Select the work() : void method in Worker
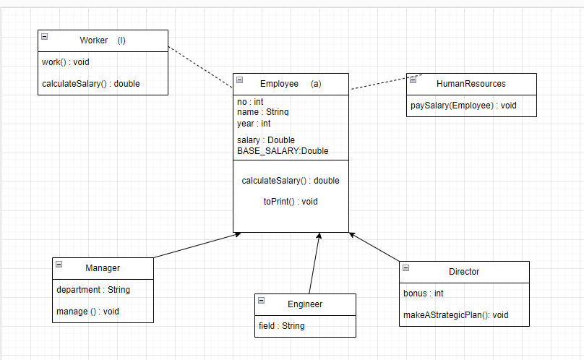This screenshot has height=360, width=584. point(66,62)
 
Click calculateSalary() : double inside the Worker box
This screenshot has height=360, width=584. point(90,84)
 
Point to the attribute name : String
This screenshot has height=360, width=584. point(263,112)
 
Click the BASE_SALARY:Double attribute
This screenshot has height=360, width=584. point(283,150)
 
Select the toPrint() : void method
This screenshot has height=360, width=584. point(291,202)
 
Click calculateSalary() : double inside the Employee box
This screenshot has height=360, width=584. point(291,181)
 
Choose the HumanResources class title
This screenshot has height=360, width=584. point(471,84)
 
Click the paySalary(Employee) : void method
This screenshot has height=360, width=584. point(463,106)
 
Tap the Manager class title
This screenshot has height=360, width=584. point(103,268)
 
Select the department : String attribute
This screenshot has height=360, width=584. point(93,290)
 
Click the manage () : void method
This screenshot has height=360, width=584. point(87,312)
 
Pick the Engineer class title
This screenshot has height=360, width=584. point(305,304)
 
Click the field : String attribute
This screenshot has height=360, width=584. point(281,326)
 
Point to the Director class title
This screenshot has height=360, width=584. point(463,272)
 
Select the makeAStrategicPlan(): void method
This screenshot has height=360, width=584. point(455,315)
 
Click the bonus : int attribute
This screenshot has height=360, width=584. point(423,293)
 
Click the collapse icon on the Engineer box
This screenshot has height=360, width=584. point(261,300)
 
